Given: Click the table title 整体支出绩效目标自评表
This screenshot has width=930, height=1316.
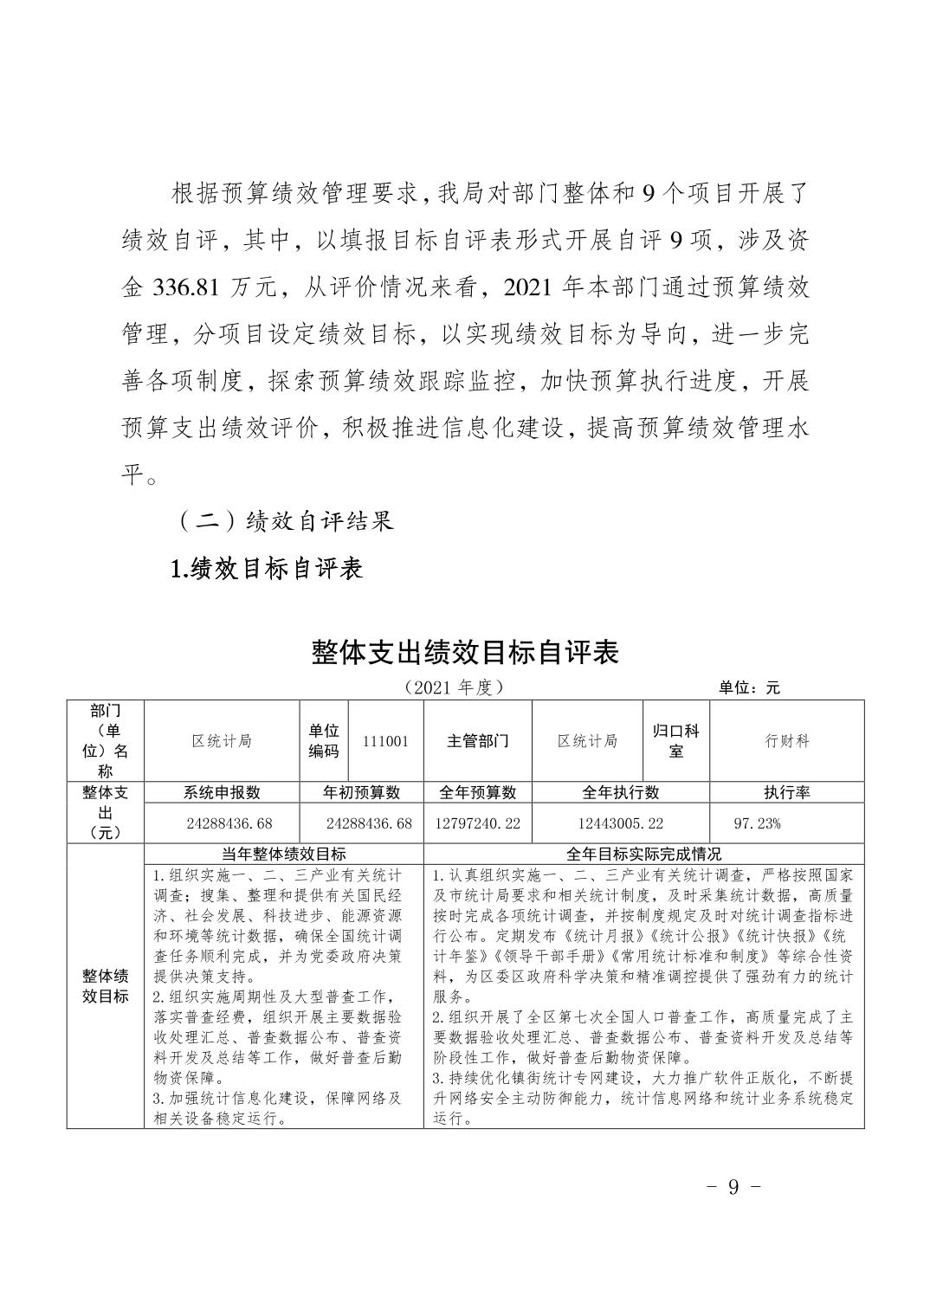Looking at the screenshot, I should coord(465,653).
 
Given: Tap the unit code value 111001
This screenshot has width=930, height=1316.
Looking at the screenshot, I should coord(386,741).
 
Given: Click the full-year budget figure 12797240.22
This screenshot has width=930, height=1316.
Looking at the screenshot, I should coord(477,823).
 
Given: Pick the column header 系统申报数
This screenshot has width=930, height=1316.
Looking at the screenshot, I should coord(222,792).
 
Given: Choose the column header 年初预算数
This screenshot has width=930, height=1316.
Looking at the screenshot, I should coord(361,792).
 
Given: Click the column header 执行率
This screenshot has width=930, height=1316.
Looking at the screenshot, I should coord(786,792).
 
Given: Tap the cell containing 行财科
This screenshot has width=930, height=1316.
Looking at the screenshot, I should coord(786,741).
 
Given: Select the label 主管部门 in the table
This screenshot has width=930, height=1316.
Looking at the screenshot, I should coord(477,741).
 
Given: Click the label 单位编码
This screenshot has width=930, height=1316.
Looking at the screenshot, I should coord(324,741).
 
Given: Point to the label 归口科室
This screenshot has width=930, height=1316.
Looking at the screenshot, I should coord(675,741).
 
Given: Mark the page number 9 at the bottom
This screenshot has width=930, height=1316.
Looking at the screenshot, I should coord(733,1186).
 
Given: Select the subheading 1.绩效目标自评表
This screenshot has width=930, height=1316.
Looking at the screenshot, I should coord(267,568).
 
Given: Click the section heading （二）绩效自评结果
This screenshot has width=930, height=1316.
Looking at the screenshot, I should coord(285,521).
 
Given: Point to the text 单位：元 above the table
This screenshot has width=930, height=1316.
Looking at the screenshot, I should coord(749,687).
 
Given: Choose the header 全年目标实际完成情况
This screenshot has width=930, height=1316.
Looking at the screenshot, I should coord(643,855).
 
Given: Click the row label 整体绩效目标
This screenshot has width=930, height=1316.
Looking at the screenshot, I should coord(106,986).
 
